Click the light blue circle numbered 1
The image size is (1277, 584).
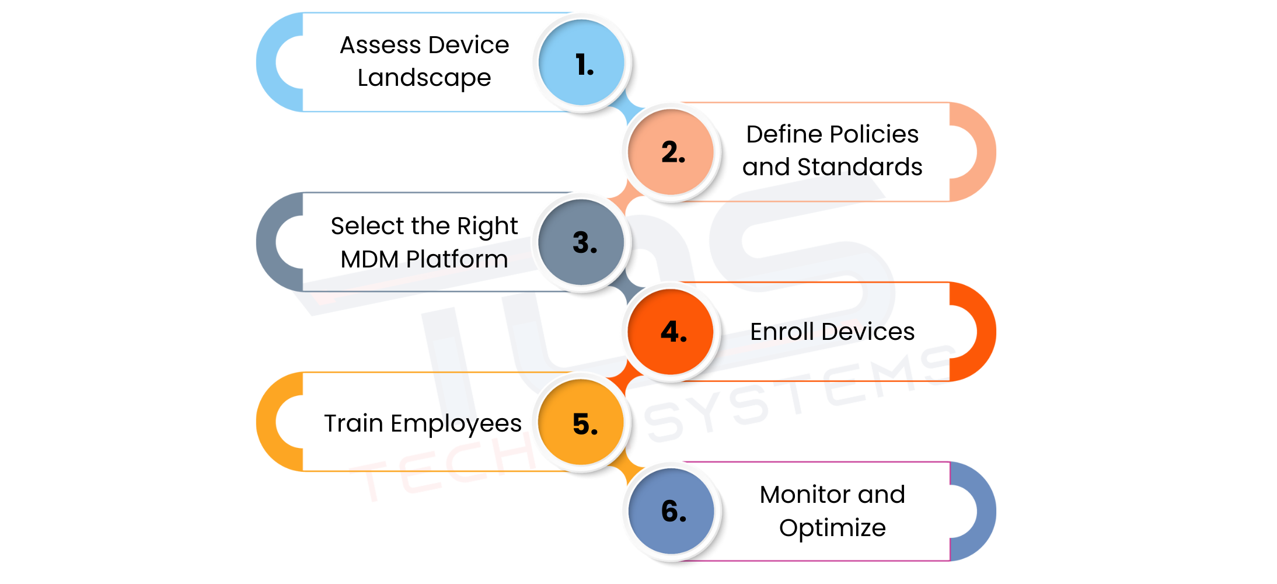tap(582, 62)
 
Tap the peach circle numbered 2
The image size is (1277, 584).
tap(671, 152)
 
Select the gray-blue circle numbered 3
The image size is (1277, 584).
tap(582, 242)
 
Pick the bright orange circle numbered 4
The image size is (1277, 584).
tap(671, 332)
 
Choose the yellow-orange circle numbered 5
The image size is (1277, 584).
tap(582, 422)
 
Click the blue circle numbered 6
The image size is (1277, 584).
tap(671, 511)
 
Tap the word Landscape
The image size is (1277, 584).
tap(424, 78)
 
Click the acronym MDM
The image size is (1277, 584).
tap(369, 259)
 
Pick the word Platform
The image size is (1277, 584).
tap(457, 259)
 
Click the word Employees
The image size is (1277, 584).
tap(456, 424)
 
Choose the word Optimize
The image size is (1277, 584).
tap(832, 528)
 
